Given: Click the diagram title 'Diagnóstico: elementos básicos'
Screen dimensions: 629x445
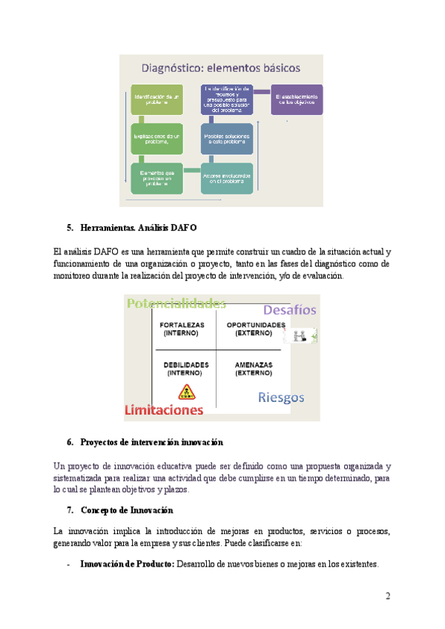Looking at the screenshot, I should (x=221, y=68).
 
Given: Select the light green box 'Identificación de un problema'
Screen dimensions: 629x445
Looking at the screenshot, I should (x=156, y=99).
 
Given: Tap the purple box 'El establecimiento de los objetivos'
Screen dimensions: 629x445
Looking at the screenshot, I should (x=297, y=99).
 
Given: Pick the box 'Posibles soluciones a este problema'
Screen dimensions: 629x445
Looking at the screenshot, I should (x=227, y=139).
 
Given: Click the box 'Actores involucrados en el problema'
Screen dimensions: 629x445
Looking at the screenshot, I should (x=227, y=178).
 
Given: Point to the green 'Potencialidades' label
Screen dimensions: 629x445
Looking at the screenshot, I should (x=176, y=303).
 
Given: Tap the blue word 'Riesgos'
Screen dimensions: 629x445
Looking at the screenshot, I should (x=281, y=397).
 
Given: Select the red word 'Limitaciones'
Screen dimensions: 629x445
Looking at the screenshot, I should (x=164, y=409).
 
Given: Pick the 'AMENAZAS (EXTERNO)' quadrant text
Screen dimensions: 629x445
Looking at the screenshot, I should (x=254, y=369).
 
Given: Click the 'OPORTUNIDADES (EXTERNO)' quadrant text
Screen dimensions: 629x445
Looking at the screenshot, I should (x=255, y=329).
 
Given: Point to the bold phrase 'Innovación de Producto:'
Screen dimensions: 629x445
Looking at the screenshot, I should (x=127, y=564).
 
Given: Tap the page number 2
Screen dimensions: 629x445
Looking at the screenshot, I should (x=387, y=596).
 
